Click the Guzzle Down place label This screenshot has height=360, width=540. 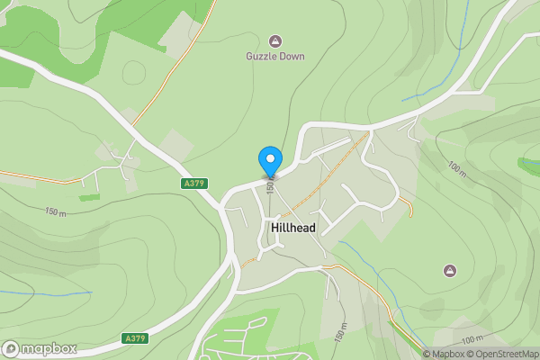[275, 56]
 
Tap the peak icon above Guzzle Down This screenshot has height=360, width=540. [275, 40]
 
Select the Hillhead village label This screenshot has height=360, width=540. [292, 229]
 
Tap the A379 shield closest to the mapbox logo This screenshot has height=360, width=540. [135, 338]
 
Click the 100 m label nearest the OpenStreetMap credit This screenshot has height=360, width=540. [471, 338]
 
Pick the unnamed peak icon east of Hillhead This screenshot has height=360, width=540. [450, 270]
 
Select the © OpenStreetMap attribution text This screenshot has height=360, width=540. [501, 354]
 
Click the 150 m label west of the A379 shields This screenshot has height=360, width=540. [56, 212]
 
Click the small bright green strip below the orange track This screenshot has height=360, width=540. [88, 197]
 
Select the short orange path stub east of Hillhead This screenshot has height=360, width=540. [406, 205]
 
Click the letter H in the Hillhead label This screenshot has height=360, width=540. [274, 229]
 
